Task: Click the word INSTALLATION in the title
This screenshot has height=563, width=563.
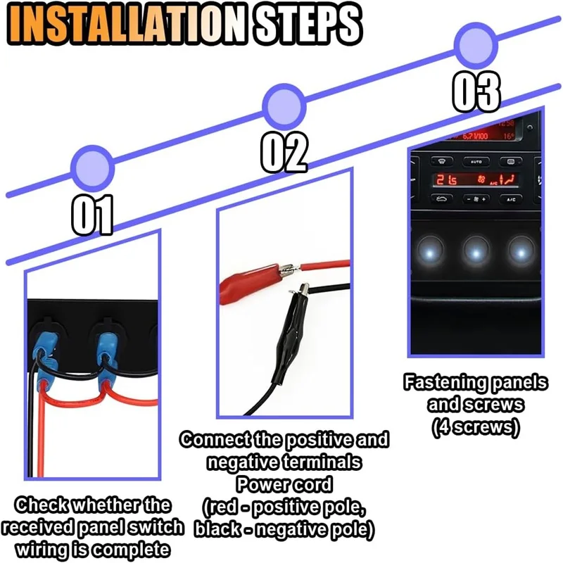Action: coord(127,25)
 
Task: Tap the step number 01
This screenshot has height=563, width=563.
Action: coord(93,215)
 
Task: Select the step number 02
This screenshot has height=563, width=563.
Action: coord(284,153)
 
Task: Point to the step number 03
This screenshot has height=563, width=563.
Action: coord(476,91)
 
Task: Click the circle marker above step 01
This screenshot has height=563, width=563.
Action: coord(93,168)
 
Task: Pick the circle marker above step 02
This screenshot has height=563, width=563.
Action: coord(284,107)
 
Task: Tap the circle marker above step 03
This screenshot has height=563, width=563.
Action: coord(476,46)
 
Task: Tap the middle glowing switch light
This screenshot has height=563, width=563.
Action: coord(476,253)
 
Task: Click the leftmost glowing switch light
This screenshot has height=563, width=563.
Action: coord(430,253)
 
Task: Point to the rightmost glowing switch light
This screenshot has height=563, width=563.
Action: coord(521,253)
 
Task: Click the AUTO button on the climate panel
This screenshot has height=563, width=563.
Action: coord(476,162)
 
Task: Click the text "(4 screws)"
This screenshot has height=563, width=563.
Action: coord(476,427)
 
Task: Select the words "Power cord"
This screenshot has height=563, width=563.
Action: coord(284,484)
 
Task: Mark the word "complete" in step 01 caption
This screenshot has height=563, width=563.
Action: coord(131,550)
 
